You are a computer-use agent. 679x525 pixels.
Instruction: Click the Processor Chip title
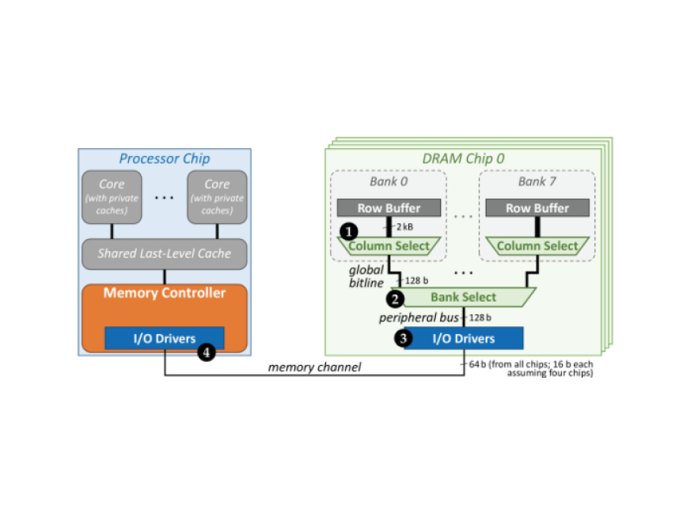click(x=164, y=158)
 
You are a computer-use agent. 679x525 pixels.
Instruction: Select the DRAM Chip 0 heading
click(x=464, y=158)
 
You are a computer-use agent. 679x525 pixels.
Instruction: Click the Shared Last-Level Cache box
click(x=165, y=253)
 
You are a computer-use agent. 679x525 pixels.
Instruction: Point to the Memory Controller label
click(x=165, y=294)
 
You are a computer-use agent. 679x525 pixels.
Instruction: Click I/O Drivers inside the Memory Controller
click(x=165, y=338)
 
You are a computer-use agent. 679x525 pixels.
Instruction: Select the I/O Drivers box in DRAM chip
click(x=464, y=338)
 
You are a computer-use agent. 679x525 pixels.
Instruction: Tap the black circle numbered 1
click(x=347, y=230)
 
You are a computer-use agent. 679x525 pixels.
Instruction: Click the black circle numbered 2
click(x=393, y=299)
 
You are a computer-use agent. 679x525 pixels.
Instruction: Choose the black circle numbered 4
click(x=207, y=353)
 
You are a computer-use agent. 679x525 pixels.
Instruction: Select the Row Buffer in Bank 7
click(x=537, y=208)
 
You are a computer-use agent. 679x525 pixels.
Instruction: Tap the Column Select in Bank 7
click(x=537, y=246)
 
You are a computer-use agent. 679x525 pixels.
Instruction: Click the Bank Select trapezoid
click(x=464, y=297)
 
